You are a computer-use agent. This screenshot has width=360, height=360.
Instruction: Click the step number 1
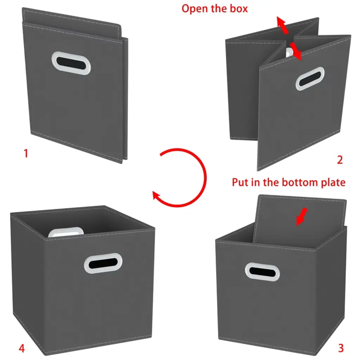(x=26, y=153)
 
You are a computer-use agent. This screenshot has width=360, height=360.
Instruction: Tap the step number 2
(x=340, y=160)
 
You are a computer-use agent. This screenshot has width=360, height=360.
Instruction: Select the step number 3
(x=341, y=348)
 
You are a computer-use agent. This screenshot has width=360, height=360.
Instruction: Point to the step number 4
(x=21, y=348)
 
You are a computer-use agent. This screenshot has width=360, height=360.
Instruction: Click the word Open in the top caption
(x=195, y=9)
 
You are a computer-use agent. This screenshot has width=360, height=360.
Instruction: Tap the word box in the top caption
(x=239, y=8)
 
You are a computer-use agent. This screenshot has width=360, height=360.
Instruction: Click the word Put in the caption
(x=240, y=182)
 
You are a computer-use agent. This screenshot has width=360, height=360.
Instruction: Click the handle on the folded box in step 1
(x=71, y=63)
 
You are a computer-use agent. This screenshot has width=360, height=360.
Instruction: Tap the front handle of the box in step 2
(x=310, y=78)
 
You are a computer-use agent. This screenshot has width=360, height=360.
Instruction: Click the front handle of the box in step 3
(x=262, y=272)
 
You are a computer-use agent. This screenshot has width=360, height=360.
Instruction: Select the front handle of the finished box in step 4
(x=103, y=263)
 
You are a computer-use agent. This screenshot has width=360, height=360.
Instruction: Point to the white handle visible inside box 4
(x=66, y=232)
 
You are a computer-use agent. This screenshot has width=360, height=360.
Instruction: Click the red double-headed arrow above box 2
(x=289, y=38)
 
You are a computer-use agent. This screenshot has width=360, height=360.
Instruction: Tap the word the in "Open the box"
(x=219, y=8)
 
